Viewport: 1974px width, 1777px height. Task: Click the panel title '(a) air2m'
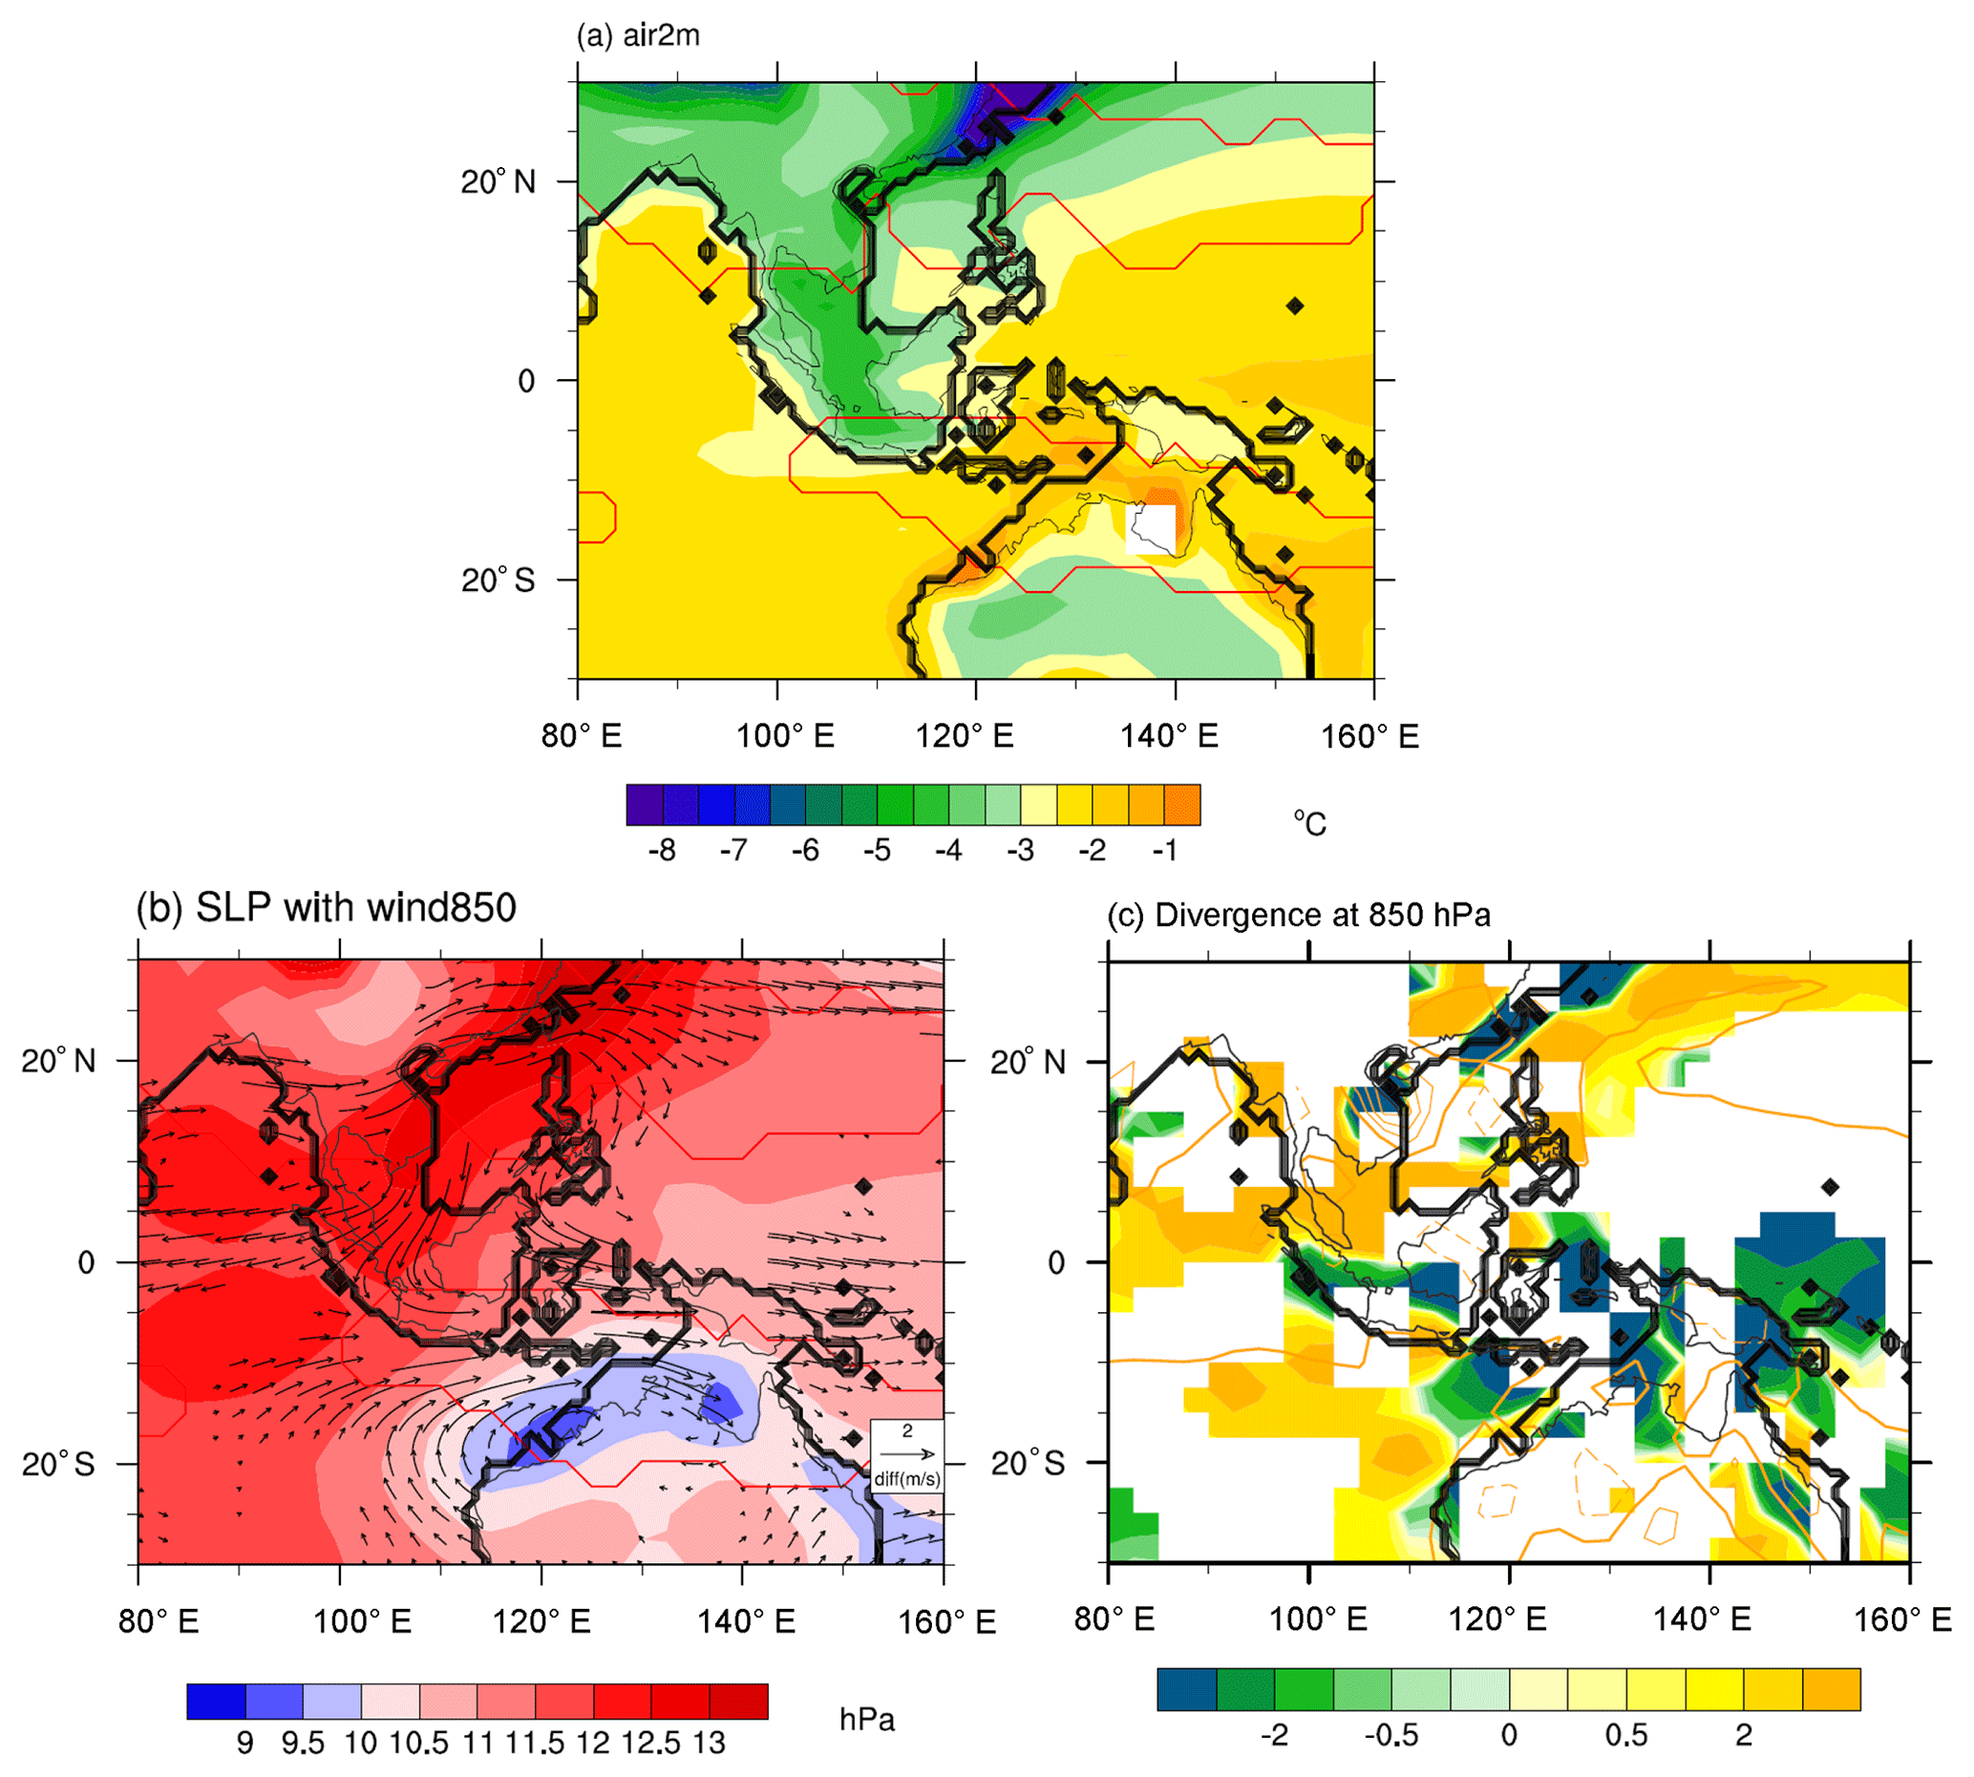pos(638,36)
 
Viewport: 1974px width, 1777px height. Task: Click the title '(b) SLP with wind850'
pos(326,908)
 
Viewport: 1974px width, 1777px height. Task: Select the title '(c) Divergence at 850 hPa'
pos(1299,916)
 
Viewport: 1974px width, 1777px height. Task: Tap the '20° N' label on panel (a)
pos(498,181)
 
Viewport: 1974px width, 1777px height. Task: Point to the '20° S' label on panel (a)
pos(498,580)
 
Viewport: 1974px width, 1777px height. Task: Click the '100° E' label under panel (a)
pos(785,736)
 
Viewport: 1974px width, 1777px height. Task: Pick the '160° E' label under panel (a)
pos(1369,736)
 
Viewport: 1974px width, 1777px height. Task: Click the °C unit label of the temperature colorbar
pos(1310,824)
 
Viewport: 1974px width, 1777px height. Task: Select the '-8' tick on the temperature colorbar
pos(662,852)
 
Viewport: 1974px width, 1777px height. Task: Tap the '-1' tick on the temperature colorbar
pos(1164,852)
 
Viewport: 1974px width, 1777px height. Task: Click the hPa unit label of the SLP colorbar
pos(867,1720)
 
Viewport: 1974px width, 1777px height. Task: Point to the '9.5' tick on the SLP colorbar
pos(303,1744)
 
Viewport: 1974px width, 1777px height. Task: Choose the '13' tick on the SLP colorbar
pos(710,1744)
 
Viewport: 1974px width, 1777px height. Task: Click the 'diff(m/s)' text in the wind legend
pos(907,1479)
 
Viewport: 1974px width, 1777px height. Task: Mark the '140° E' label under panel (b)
pos(746,1621)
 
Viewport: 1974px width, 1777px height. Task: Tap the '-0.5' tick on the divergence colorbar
pos(1391,1735)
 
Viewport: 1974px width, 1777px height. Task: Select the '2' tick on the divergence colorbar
pos(1744,1735)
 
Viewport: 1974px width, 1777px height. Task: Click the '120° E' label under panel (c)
pos(1496,1619)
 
